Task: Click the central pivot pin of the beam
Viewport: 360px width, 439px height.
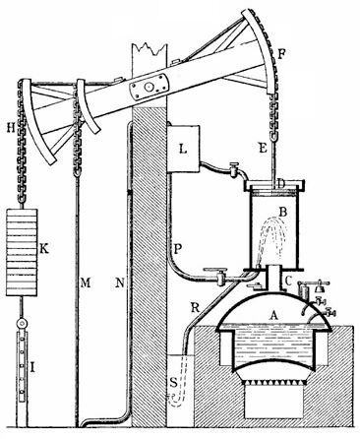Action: point(150,88)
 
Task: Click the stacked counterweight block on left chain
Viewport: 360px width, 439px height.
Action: point(26,251)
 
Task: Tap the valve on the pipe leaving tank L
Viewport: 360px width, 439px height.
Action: point(232,168)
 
